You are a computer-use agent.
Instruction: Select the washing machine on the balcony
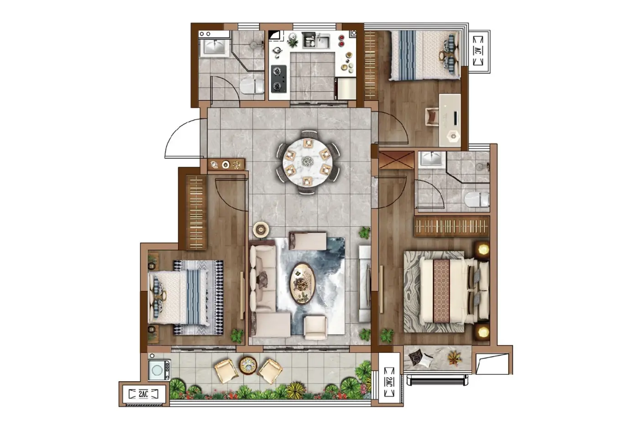159,370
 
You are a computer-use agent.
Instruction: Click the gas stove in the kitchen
279,79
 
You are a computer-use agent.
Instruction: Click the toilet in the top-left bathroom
252,86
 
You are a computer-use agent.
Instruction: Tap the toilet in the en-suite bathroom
477,199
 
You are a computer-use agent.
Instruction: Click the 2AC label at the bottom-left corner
143,394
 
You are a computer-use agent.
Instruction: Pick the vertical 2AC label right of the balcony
389,382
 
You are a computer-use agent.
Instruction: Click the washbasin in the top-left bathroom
215,47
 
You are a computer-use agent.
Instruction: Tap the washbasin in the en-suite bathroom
432,158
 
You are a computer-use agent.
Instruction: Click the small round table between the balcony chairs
248,365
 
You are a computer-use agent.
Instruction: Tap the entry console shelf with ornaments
226,165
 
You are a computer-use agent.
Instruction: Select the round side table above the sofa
261,229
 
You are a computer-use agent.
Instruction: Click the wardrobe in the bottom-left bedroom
196,213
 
